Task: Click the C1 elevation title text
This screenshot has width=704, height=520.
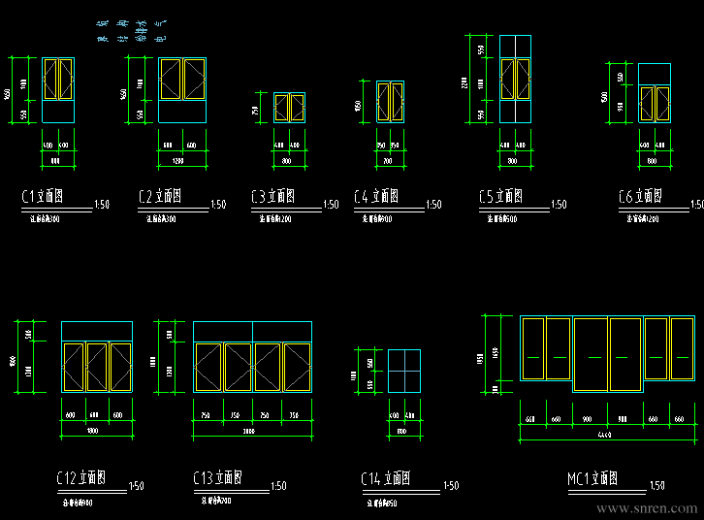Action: [43, 197]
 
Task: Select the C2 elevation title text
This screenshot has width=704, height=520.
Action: [160, 197]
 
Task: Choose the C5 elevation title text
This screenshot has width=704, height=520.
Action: [500, 197]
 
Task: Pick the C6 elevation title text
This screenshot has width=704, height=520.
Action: [640, 197]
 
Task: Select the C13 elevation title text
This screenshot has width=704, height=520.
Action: [216, 478]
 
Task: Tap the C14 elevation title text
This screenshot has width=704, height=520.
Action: [385, 478]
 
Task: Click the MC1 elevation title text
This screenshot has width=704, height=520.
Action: [592, 478]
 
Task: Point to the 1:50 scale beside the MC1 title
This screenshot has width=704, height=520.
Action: [656, 485]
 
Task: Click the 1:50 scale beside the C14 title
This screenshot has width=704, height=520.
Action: [450, 485]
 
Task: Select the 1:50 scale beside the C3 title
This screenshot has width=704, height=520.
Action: [331, 205]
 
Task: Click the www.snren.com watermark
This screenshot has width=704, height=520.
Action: [647, 507]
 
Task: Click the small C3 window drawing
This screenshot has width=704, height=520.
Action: [289, 107]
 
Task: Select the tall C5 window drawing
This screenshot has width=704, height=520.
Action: [516, 79]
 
